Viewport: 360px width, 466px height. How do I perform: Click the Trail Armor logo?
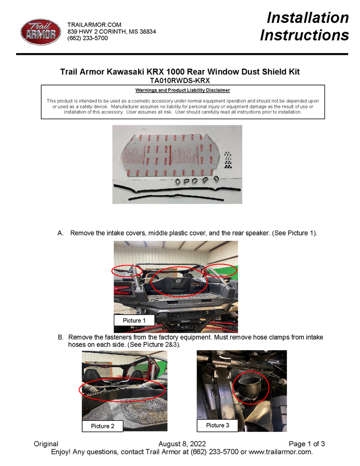[41, 32]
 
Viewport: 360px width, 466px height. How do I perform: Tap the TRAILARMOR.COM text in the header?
[94, 24]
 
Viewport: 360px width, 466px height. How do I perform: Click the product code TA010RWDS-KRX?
[180, 80]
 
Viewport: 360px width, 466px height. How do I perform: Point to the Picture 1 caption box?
[134, 321]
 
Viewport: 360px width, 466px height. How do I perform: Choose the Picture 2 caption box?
[103, 426]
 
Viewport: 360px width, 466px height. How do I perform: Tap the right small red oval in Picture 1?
[220, 270]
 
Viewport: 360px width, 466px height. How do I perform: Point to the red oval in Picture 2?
[122, 388]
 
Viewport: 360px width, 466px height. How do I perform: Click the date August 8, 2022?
[182, 444]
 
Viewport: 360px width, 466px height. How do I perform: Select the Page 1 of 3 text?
[306, 444]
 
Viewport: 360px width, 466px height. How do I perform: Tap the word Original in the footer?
[46, 444]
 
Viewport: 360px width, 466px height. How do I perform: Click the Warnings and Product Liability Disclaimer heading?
[182, 90]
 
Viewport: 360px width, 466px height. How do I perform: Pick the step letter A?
[61, 233]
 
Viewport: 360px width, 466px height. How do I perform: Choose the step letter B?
[61, 337]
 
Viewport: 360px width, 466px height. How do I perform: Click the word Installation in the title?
[307, 18]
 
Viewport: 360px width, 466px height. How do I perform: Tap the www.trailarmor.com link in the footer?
[280, 452]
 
